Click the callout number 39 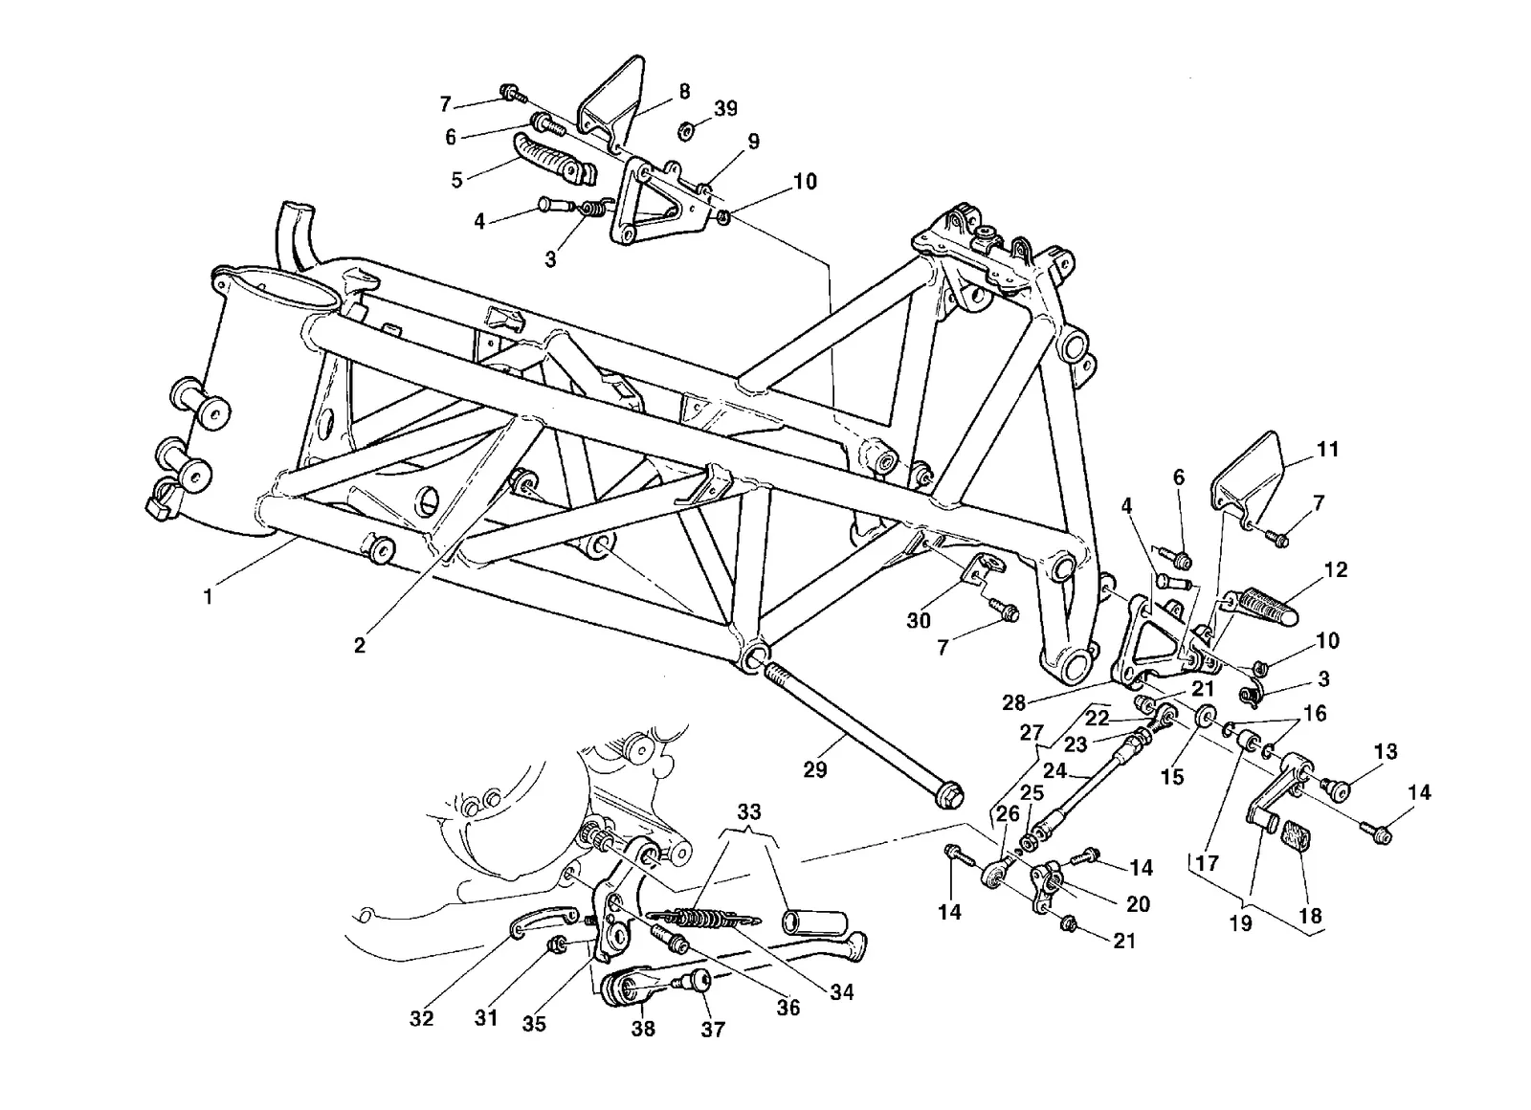726,108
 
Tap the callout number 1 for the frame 208,596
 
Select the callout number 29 814,769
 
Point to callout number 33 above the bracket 749,812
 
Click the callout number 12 1336,570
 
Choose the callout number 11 1327,449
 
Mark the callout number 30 919,620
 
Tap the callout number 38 643,1028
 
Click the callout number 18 1311,916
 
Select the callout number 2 360,645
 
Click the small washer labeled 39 686,130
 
